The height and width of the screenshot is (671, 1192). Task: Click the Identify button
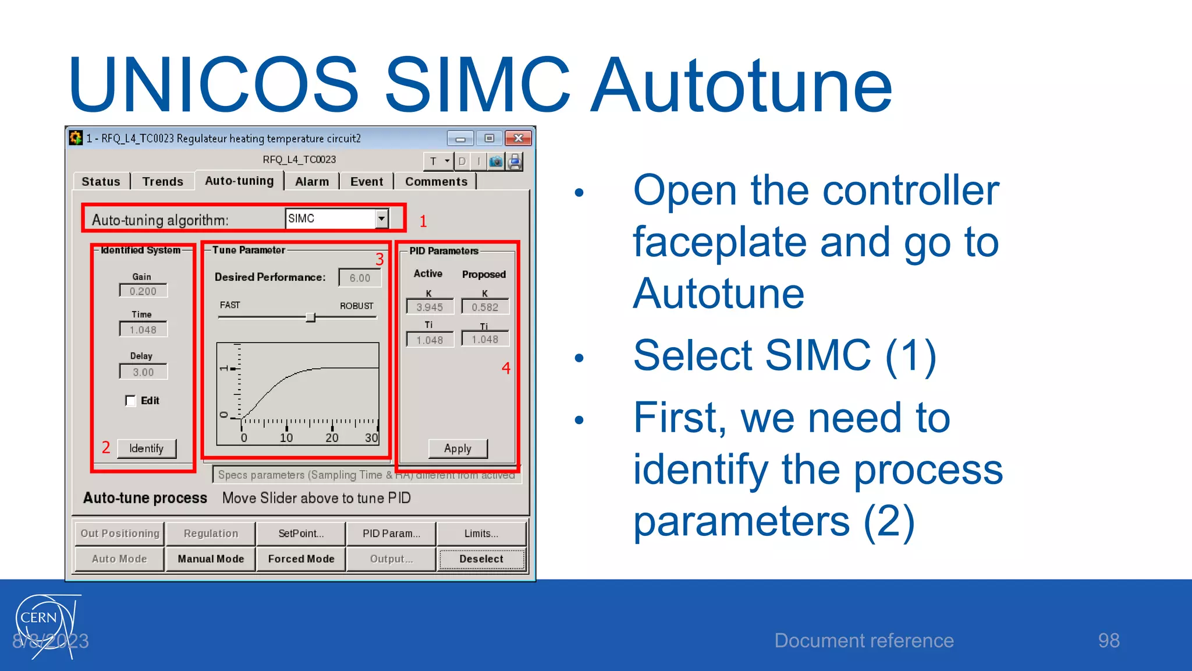tap(146, 448)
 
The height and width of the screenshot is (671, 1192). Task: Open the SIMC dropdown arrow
tap(381, 218)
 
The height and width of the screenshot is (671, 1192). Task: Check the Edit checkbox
tap(130, 401)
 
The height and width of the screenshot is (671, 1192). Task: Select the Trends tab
tap(162, 181)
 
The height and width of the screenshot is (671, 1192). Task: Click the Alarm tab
tap(311, 181)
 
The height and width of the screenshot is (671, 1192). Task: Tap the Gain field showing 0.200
tap(143, 291)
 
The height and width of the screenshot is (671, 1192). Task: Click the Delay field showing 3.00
tap(143, 372)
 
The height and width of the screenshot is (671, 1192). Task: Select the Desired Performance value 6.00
tap(360, 278)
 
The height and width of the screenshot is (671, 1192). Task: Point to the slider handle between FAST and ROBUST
tap(310, 317)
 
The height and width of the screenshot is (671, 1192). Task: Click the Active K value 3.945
tap(430, 307)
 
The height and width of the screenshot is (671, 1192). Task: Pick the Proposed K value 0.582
tap(485, 307)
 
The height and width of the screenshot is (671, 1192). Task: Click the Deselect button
tap(481, 559)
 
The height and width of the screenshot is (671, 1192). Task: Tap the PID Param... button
tap(391, 533)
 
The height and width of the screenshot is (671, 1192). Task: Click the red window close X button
tap(518, 138)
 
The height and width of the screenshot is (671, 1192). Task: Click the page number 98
tap(1108, 640)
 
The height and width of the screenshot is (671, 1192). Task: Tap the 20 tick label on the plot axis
tap(332, 437)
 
